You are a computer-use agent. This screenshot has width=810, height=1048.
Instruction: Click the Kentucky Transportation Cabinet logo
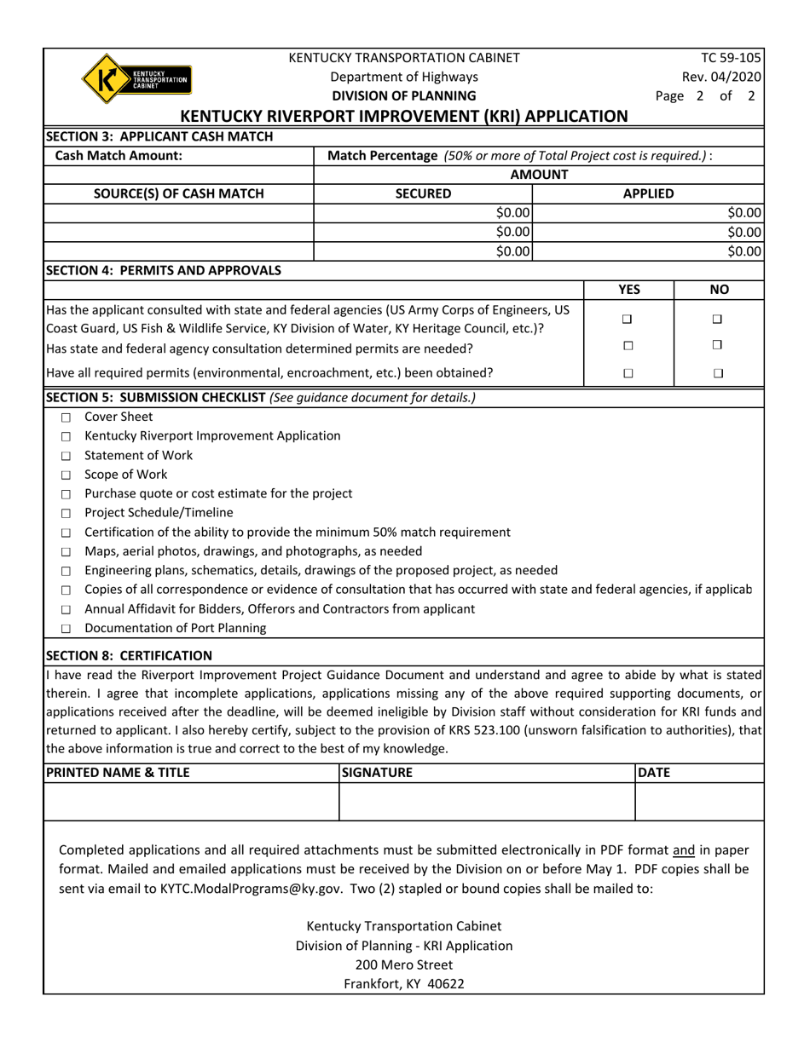click(x=136, y=79)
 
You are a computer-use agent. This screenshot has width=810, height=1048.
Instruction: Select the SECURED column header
click(x=424, y=193)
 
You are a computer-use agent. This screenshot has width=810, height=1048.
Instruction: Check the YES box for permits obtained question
click(x=628, y=373)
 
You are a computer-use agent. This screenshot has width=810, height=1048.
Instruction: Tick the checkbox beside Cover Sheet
click(x=66, y=417)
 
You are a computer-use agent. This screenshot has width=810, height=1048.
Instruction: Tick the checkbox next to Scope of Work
click(x=66, y=475)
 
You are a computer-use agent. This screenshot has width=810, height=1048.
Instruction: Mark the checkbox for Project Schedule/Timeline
click(x=66, y=514)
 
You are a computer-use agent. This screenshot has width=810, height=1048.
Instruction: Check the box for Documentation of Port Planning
click(x=66, y=630)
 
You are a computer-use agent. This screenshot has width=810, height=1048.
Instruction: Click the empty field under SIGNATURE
click(x=487, y=802)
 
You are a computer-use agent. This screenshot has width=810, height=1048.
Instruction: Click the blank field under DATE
click(x=699, y=802)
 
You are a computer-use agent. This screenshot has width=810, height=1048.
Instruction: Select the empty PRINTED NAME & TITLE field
click(x=191, y=802)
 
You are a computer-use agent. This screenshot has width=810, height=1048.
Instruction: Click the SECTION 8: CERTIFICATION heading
click(x=129, y=655)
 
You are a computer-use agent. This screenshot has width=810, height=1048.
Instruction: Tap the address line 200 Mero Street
click(x=404, y=965)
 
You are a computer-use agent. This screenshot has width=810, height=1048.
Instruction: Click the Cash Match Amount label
click(x=119, y=156)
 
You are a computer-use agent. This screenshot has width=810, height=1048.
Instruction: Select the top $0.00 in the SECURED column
click(x=513, y=213)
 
